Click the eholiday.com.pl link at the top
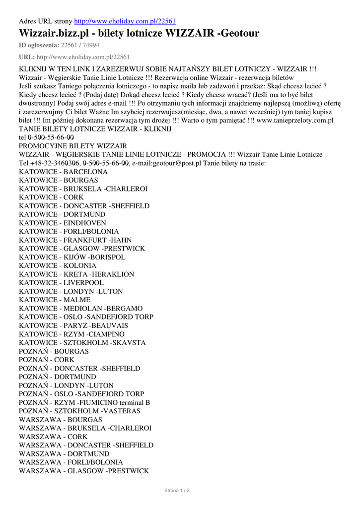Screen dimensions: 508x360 [125, 21]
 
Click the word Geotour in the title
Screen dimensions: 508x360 [240, 33]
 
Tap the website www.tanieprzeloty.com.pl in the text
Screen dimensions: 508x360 [295, 120]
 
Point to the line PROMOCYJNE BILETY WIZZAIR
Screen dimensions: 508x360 [72, 146]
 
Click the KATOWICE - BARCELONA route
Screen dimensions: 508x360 [63, 172]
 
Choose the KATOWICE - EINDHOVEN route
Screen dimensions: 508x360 [62, 223]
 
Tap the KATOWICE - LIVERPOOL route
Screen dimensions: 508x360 [61, 283]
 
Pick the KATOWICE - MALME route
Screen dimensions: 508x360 [55, 300]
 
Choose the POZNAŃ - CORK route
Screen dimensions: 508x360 [47, 360]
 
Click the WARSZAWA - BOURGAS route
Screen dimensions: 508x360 [61, 419]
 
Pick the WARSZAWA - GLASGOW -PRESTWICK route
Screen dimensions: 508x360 [83, 470]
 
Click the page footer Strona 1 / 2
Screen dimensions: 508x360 [177, 490]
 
